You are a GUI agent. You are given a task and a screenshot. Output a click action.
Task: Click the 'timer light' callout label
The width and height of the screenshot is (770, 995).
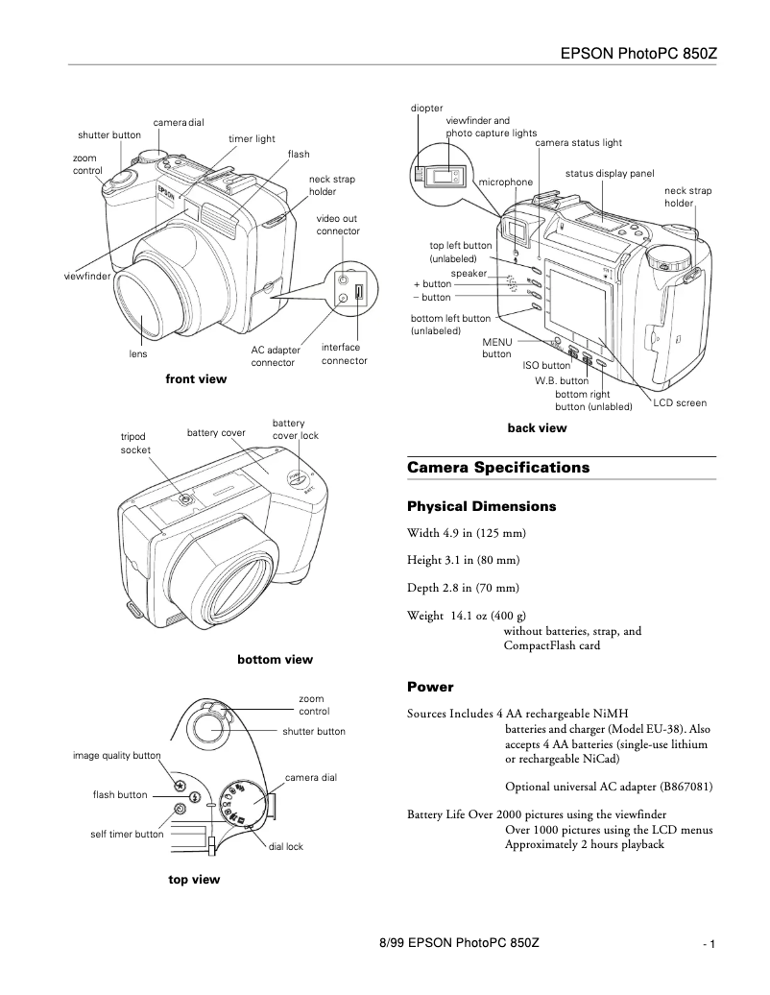(252, 139)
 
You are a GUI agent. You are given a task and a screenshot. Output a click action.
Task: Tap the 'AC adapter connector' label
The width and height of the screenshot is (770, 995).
(276, 356)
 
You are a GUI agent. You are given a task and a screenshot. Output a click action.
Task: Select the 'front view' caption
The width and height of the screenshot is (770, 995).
(196, 379)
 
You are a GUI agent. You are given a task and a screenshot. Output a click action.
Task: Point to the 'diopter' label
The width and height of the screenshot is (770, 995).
(426, 109)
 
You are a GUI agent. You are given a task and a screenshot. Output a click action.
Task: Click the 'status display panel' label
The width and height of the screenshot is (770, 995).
(610, 174)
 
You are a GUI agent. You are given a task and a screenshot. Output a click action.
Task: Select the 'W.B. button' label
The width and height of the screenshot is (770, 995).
(562, 380)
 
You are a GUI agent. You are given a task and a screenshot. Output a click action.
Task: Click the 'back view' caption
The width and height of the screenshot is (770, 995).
(537, 428)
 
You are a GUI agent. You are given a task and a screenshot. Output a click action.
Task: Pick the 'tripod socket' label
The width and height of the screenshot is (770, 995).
(134, 443)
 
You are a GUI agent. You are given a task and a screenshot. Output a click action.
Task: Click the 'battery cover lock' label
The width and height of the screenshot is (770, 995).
(295, 429)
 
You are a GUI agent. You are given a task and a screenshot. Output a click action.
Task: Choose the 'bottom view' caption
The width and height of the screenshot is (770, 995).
(275, 660)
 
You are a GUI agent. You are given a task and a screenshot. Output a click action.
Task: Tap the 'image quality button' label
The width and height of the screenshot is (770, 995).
(117, 756)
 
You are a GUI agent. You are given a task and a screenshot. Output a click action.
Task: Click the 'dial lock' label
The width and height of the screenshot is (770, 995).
(285, 847)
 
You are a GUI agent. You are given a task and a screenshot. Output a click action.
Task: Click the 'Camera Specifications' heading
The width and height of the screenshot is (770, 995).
(497, 468)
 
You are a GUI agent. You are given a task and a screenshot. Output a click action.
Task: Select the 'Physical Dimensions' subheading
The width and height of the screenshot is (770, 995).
(481, 506)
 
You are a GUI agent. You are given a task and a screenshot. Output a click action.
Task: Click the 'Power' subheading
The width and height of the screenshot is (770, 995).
(429, 688)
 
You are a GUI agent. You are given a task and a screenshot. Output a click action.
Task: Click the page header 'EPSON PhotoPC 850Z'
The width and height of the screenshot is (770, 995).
(638, 52)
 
